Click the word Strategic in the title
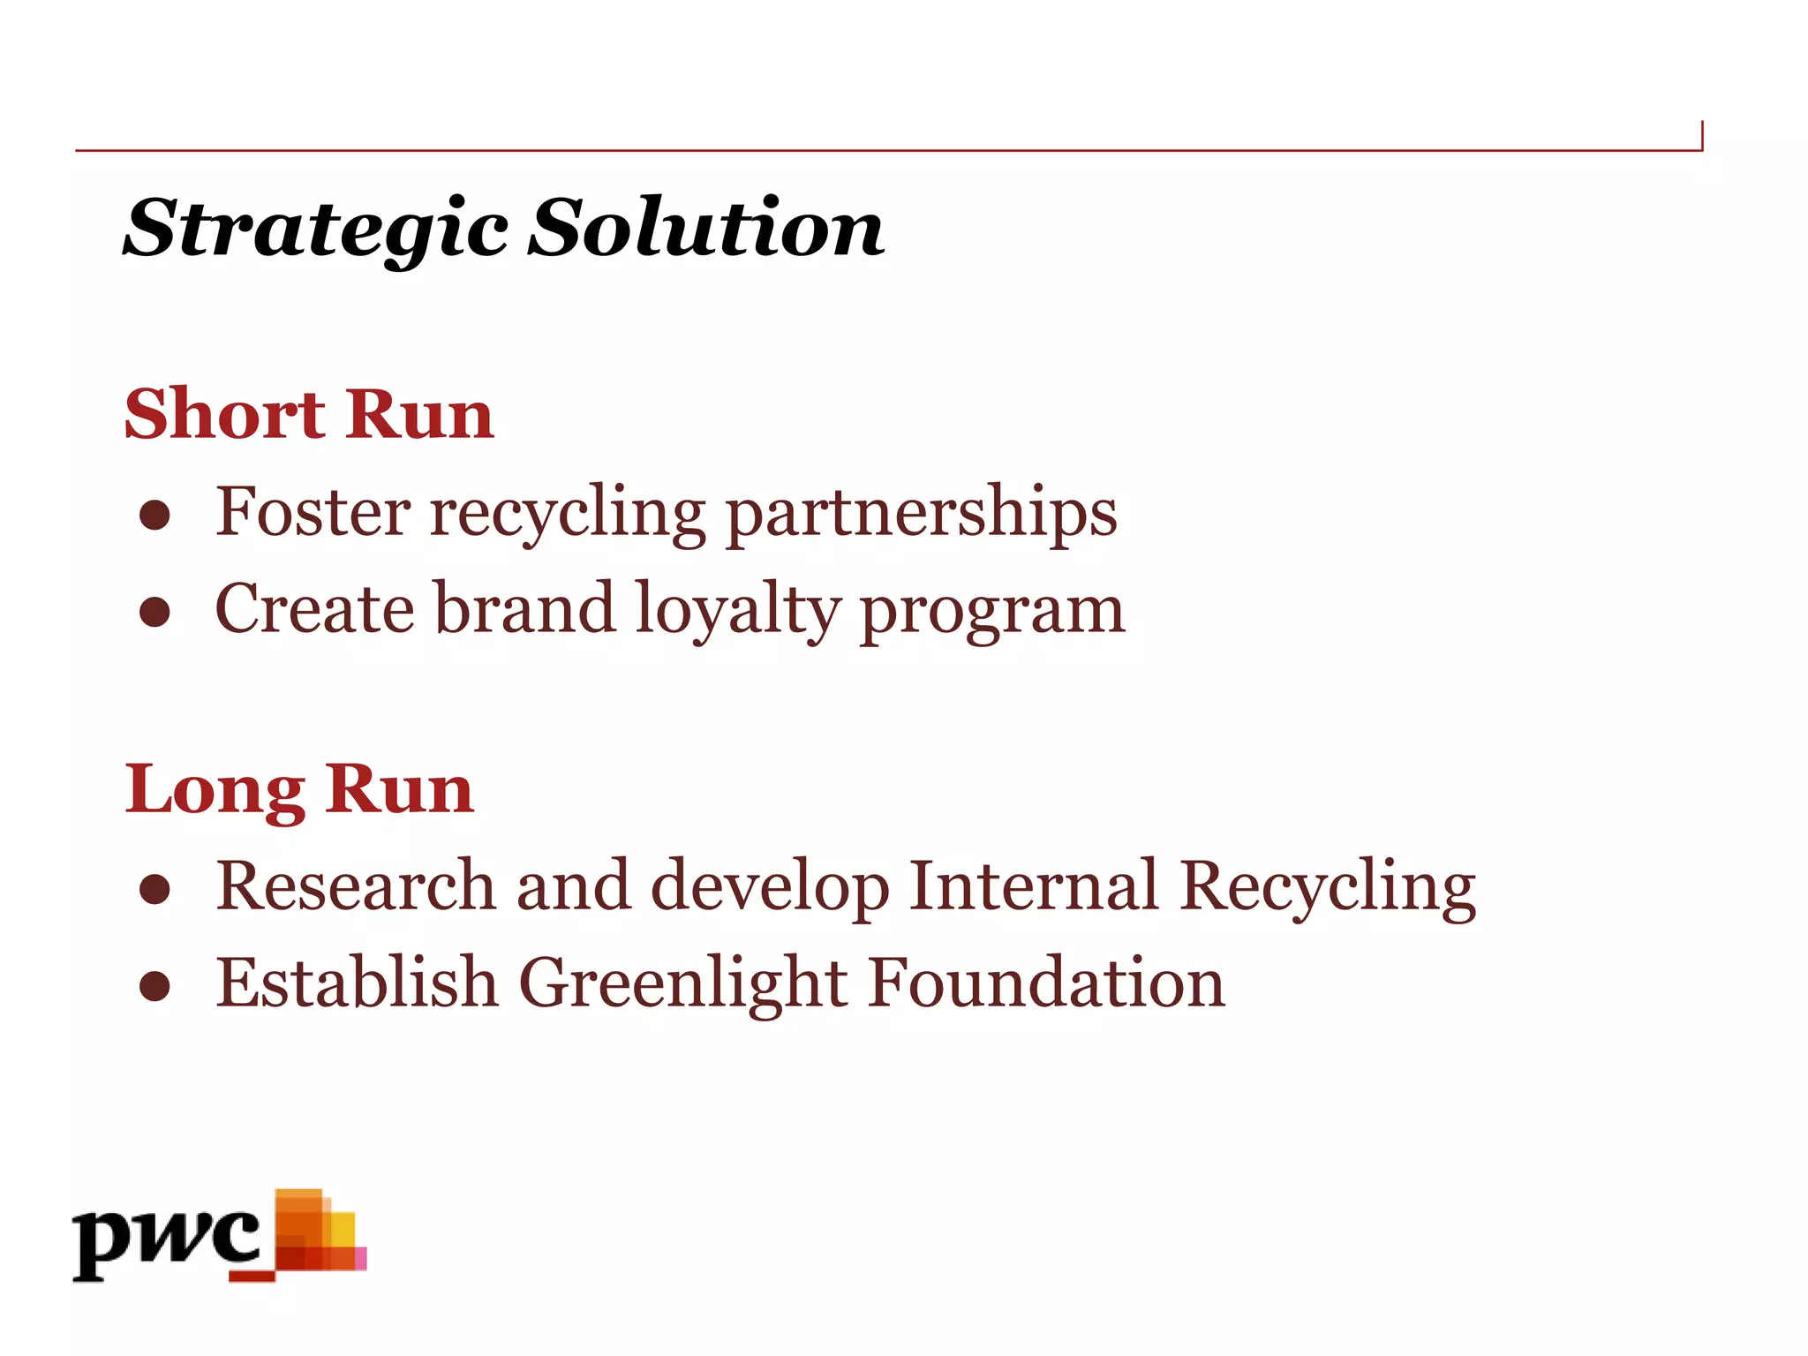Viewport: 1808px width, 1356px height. pos(315,230)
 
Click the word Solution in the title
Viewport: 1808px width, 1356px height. pos(706,228)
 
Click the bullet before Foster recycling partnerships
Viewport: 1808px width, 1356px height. pos(154,516)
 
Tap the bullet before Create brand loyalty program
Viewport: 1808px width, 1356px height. pos(154,613)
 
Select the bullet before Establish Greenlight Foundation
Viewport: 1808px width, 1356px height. pos(154,987)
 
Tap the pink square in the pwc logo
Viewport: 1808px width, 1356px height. pos(360,1259)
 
